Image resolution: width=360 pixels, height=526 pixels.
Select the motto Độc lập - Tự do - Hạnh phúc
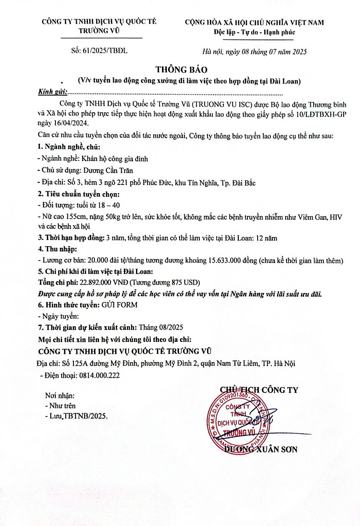click(254, 32)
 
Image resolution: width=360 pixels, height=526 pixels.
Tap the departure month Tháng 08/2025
click(161, 328)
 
